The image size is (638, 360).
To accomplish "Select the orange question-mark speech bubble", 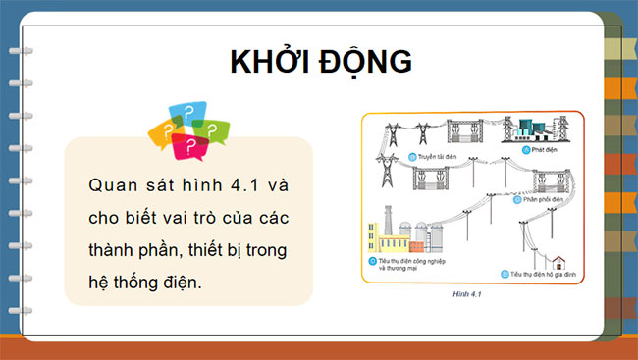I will (163, 132).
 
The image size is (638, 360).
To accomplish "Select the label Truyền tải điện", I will (423, 157).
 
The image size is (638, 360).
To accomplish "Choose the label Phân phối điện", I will (544, 199).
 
